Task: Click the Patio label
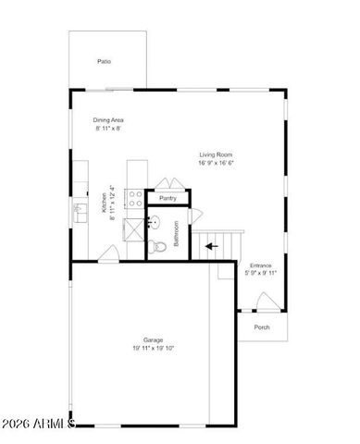105,62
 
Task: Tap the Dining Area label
109,120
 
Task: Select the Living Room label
215,154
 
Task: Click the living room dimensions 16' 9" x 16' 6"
215,164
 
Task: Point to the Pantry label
168,198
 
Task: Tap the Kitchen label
105,203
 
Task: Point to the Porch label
262,327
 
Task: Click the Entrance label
261,265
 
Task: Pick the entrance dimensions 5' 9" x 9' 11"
261,274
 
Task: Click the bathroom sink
155,223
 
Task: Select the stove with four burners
134,197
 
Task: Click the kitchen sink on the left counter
80,212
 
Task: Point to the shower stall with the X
132,227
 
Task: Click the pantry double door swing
168,184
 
